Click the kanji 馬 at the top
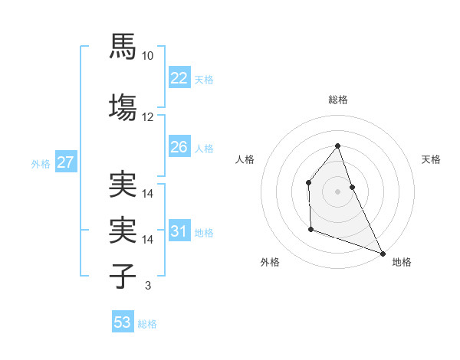coord(123,47)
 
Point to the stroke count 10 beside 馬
coord(148,56)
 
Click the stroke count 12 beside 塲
coord(148,117)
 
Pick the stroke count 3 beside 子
coord(148,286)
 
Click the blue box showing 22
coord(179,78)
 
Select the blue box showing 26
coord(179,147)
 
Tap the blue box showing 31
coord(179,231)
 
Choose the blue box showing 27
coord(65,162)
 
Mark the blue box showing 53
coord(123,322)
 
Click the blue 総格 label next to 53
coord(147,324)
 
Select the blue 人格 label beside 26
coord(204,148)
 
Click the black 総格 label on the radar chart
coord(337,100)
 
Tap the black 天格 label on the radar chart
coord(432,159)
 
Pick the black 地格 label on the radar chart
coord(402,262)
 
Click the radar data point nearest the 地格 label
coord(383,254)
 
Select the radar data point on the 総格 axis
coord(337,146)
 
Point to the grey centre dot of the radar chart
coord(337,191)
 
